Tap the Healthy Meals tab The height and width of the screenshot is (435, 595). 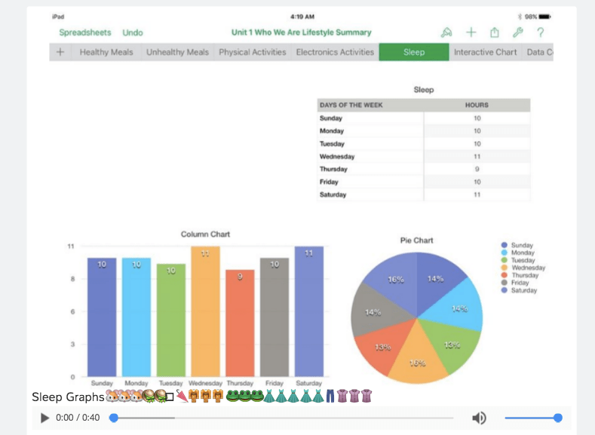[106, 52]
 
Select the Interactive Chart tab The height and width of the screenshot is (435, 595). [485, 52]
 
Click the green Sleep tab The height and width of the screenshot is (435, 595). [413, 52]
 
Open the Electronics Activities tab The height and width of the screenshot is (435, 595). [335, 52]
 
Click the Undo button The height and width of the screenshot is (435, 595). [133, 32]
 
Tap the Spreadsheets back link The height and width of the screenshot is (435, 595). [84, 32]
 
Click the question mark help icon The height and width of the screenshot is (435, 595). [541, 32]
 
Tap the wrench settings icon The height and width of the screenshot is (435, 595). [517, 32]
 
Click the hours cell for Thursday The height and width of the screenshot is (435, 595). [477, 169]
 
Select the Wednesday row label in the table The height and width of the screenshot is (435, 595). [337, 156]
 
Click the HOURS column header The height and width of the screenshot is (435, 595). [477, 105]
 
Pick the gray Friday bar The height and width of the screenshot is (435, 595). [274, 317]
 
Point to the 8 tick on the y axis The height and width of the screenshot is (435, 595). [71, 279]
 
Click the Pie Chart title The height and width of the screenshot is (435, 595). [416, 240]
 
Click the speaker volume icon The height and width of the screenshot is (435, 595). [479, 418]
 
